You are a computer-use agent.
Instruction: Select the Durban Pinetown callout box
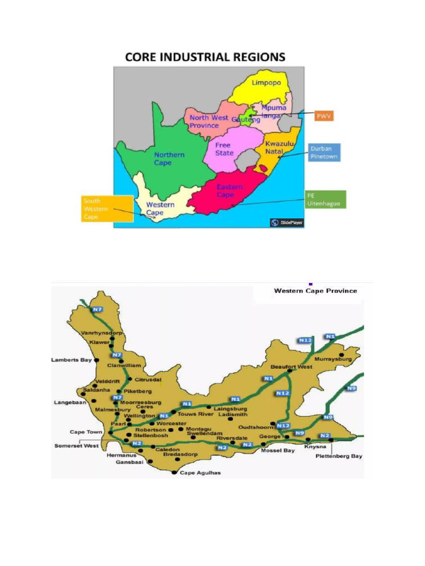(x=324, y=153)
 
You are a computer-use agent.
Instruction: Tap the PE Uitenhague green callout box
(x=325, y=200)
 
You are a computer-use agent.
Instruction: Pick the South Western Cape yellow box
(x=107, y=208)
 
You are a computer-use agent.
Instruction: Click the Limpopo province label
(x=266, y=83)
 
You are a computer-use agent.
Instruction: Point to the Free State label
(x=224, y=149)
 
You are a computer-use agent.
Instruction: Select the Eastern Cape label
(x=229, y=191)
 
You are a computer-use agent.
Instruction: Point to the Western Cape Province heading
(x=315, y=291)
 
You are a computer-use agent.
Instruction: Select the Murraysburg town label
(x=333, y=360)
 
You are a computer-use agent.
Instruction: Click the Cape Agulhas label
(x=200, y=473)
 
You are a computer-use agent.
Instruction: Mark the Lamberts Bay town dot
(x=97, y=360)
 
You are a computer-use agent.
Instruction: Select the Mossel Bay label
(x=276, y=450)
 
